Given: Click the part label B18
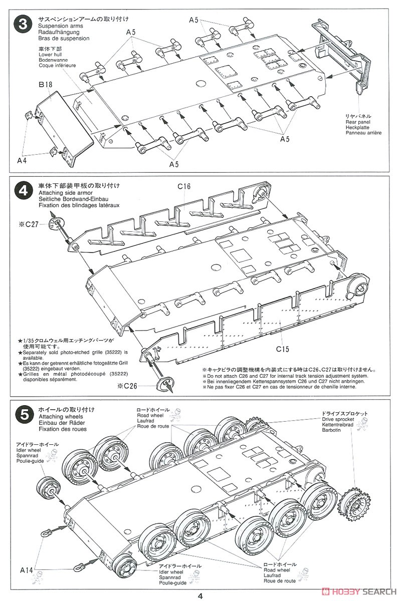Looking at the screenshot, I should tap(46, 85).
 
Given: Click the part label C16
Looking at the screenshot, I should tap(184, 187).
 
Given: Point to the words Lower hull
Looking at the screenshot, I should tap(52, 54).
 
